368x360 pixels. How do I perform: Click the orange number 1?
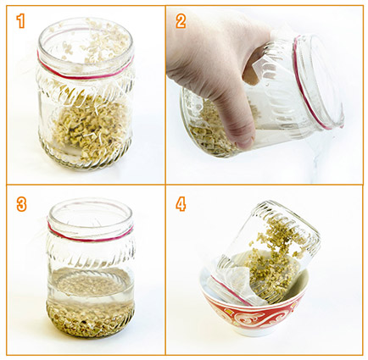(20, 21)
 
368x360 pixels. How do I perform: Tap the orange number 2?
(181, 21)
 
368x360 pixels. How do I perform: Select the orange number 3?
(21, 205)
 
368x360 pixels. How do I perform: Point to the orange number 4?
(181, 204)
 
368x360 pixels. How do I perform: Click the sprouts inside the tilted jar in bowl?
(271, 260)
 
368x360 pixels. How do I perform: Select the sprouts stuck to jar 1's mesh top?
(96, 42)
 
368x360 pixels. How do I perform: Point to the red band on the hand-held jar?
(307, 85)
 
